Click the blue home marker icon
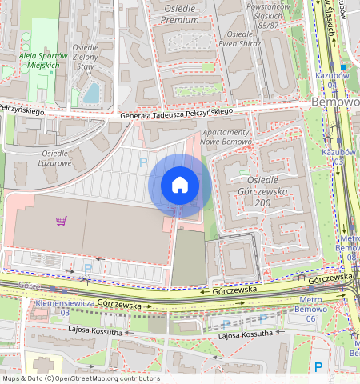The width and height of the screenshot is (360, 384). [x=180, y=186]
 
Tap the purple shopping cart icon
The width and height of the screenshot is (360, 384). [x=61, y=221]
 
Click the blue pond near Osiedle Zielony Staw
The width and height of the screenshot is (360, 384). [x=91, y=93]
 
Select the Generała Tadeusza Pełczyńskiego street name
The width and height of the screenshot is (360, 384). [x=175, y=114]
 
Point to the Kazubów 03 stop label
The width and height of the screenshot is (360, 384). [x=337, y=156]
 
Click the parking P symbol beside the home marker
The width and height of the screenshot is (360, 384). [x=144, y=162]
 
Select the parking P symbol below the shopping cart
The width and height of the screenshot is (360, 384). [x=88, y=268]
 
